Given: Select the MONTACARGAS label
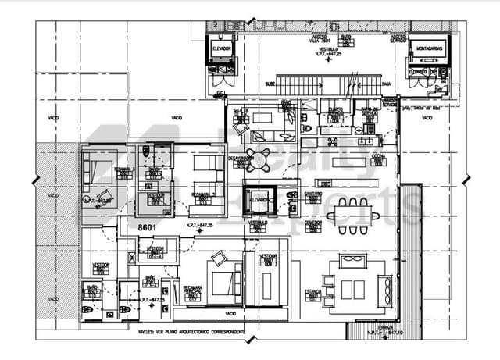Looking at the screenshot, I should [427, 47].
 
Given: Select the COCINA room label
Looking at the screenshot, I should [378, 156].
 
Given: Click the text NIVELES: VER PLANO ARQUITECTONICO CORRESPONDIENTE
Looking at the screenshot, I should [194, 332].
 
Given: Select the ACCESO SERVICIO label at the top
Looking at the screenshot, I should [398, 37].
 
